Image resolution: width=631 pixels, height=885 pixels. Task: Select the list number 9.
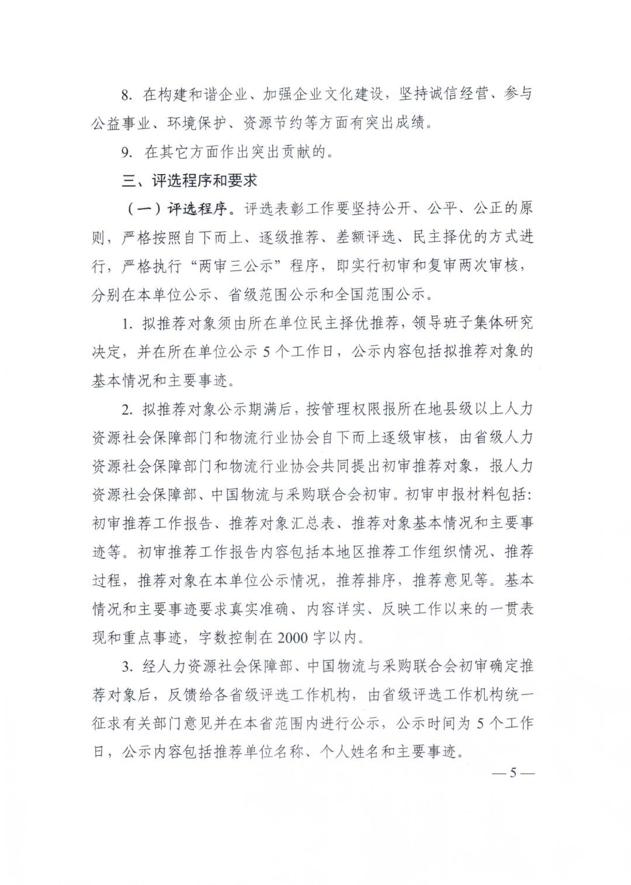(x=127, y=152)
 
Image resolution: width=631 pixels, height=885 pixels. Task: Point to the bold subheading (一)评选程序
(x=180, y=209)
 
